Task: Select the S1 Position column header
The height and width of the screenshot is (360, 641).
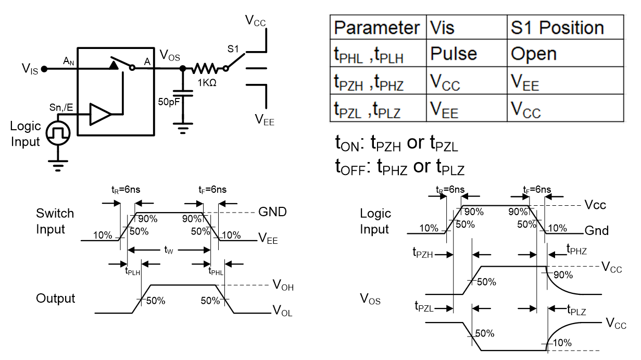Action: pyautogui.click(x=556, y=27)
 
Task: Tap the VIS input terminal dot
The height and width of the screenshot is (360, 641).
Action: pyautogui.click(x=44, y=68)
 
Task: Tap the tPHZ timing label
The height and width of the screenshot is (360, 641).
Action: pyautogui.click(x=576, y=251)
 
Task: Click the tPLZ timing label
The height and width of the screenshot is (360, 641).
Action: pyautogui.click(x=576, y=311)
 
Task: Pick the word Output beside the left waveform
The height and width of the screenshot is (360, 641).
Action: pyautogui.click(x=56, y=299)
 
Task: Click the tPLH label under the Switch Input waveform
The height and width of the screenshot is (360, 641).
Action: pyautogui.click(x=132, y=271)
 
